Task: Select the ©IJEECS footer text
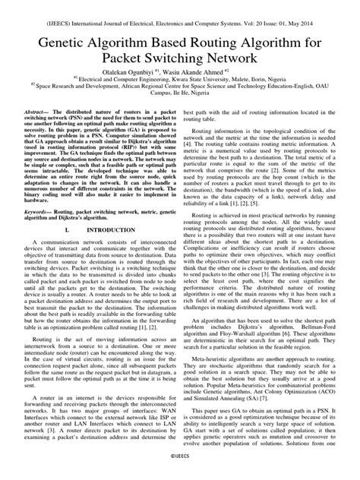(x=180, y=469)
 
